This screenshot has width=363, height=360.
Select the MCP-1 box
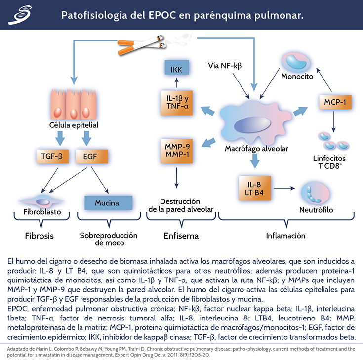(334, 103)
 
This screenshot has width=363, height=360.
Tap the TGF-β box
(53, 157)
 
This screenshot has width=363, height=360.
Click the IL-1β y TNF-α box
(177, 102)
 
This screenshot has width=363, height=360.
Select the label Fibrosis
(39, 236)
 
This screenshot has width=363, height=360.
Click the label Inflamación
(285, 235)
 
